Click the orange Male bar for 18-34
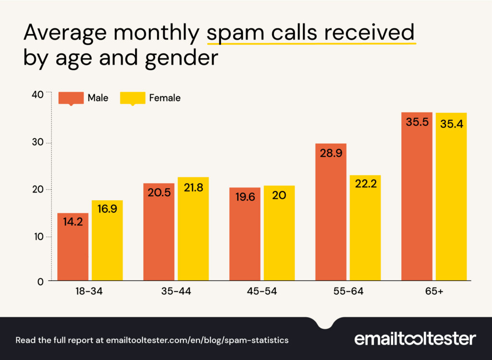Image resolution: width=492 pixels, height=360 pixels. [73, 247]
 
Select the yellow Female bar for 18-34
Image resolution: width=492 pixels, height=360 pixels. [107, 240]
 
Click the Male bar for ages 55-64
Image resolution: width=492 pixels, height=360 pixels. [331, 212]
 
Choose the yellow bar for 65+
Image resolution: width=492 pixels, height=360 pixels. [451, 196]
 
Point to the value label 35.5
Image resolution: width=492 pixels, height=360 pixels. [417, 122]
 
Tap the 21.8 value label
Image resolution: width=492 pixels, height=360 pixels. [193, 188]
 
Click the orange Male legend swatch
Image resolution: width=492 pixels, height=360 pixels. [71, 98]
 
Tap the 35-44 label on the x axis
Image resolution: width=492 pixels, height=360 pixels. [176, 292]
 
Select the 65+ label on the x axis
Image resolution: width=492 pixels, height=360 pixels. [434, 292]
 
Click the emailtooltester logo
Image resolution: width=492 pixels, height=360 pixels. [415, 339]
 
